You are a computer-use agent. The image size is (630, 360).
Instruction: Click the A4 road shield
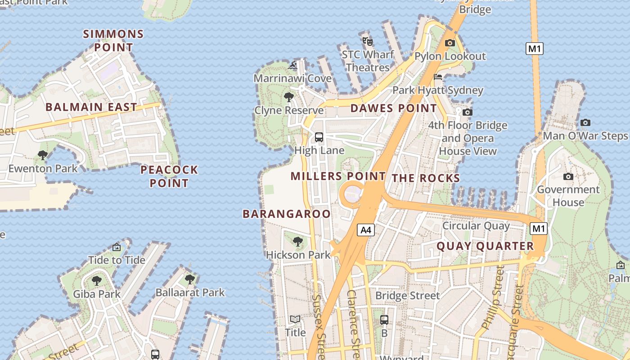click(366, 230)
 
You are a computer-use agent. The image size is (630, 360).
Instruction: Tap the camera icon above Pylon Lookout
click(450, 43)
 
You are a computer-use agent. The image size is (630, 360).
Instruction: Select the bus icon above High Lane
click(319, 137)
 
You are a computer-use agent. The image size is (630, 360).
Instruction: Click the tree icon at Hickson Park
click(297, 242)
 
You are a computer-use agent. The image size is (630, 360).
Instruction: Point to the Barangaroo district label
click(287, 214)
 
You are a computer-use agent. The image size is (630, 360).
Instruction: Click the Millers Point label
click(338, 176)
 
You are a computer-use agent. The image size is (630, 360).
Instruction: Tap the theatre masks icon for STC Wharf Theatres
click(368, 41)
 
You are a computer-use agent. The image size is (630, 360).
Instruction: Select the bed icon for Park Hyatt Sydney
click(438, 77)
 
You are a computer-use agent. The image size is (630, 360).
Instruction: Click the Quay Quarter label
click(485, 246)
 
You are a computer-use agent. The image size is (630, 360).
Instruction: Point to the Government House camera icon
click(568, 176)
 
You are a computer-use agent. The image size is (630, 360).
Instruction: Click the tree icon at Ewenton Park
click(43, 156)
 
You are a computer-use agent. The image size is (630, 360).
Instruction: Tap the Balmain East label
click(91, 107)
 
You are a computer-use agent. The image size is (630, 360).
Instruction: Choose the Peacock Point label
click(169, 176)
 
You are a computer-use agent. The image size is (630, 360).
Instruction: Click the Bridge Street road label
click(407, 296)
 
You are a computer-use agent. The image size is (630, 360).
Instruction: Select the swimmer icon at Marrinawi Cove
click(293, 65)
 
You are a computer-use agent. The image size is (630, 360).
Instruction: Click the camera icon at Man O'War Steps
click(585, 122)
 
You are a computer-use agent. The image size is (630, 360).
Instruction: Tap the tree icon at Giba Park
click(97, 281)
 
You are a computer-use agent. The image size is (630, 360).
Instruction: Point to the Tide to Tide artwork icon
click(117, 247)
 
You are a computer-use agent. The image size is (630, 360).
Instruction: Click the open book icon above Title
click(295, 319)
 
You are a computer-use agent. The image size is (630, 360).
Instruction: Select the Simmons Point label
click(114, 40)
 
